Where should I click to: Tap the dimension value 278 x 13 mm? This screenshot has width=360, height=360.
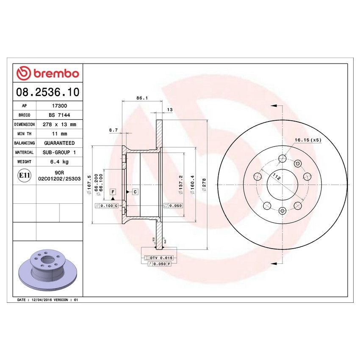pyautogui.click(x=59, y=125)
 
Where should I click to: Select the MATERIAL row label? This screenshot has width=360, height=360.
pyautogui.click(x=24, y=152)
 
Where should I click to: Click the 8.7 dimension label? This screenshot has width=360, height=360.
pyautogui.click(x=113, y=130)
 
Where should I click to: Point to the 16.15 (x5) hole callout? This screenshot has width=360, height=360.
pyautogui.click(x=308, y=140)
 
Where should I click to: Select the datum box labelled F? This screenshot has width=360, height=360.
pyautogui.click(x=113, y=192)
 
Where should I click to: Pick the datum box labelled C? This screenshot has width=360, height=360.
pyautogui.click(x=135, y=192)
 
